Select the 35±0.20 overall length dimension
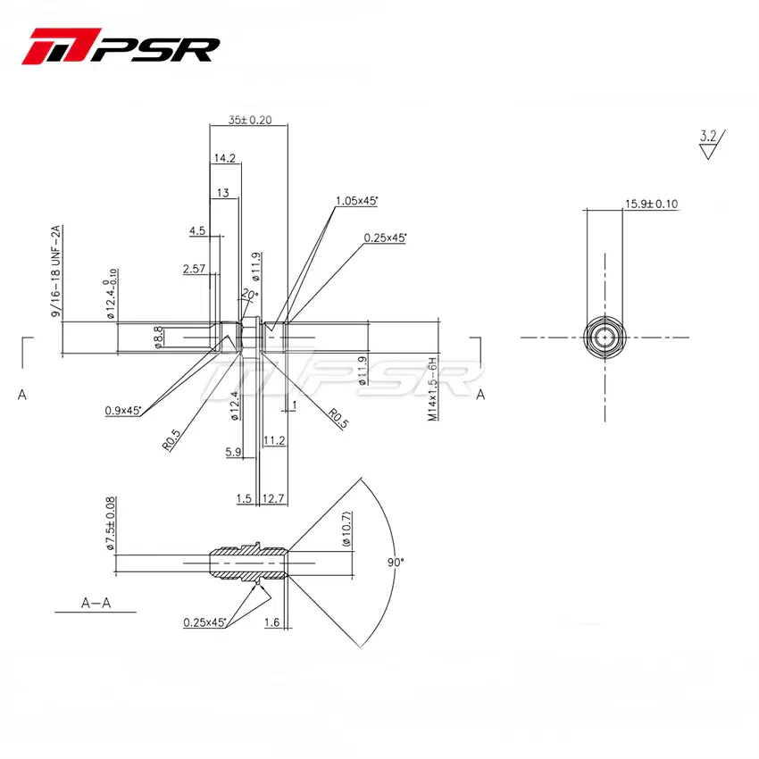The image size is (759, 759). pyautogui.click(x=248, y=119)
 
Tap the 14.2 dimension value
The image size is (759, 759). pyautogui.click(x=224, y=158)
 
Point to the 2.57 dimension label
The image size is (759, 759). pyautogui.click(x=195, y=268)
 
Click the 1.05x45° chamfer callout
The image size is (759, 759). pyautogui.click(x=356, y=202)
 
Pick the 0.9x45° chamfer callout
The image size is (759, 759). pyautogui.click(x=122, y=410)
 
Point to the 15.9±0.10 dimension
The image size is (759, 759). pyautogui.click(x=651, y=204)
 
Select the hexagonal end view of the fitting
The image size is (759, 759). pyautogui.click(x=607, y=338)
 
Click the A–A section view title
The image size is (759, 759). pyautogui.click(x=96, y=603)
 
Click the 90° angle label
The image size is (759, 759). pyautogui.click(x=396, y=563)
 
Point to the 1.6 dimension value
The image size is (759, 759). pyautogui.click(x=272, y=621)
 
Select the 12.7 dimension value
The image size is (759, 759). pyautogui.click(x=274, y=498)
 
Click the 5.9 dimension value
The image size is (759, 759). pyautogui.click(x=234, y=453)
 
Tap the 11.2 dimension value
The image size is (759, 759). pyautogui.click(x=275, y=440)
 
